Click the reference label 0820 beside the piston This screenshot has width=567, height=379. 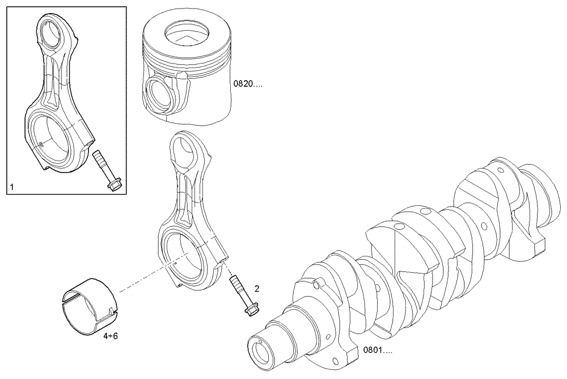click(248, 83)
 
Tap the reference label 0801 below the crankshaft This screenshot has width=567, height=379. click(377, 350)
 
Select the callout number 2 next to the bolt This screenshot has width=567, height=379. click(256, 288)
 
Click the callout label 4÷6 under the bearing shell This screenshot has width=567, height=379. click(110, 336)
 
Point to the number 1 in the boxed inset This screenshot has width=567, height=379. click(12, 186)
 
